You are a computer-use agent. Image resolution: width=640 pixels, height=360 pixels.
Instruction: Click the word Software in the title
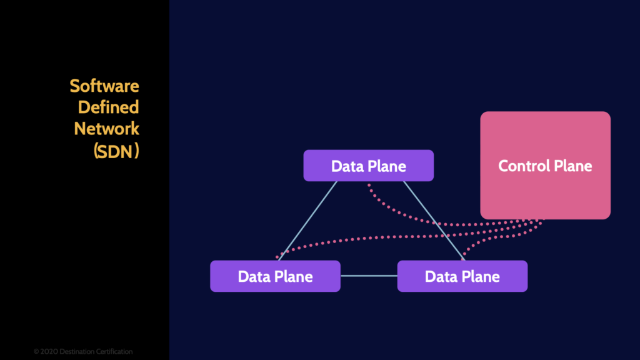point(104,86)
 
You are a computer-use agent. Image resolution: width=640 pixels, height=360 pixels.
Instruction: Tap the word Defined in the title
point(108,107)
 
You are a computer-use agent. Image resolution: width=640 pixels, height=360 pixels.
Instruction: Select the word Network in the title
point(106,128)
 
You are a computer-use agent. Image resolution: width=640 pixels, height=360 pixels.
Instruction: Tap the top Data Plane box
point(368,166)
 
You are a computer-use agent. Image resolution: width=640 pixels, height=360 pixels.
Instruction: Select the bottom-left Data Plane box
point(275,276)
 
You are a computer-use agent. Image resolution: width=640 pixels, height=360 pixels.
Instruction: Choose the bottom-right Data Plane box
point(462,276)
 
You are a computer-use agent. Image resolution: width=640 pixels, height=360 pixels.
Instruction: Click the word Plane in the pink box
point(572,166)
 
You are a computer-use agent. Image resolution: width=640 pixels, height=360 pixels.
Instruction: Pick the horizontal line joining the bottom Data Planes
point(369,276)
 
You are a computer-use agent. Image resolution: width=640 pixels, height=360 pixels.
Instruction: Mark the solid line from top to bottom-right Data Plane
point(432,219)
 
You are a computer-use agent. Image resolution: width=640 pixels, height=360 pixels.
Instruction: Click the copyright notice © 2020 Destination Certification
point(83,351)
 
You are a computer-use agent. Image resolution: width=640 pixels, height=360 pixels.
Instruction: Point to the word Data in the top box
point(346,166)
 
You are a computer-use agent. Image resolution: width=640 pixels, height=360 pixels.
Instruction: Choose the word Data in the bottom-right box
point(439,276)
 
